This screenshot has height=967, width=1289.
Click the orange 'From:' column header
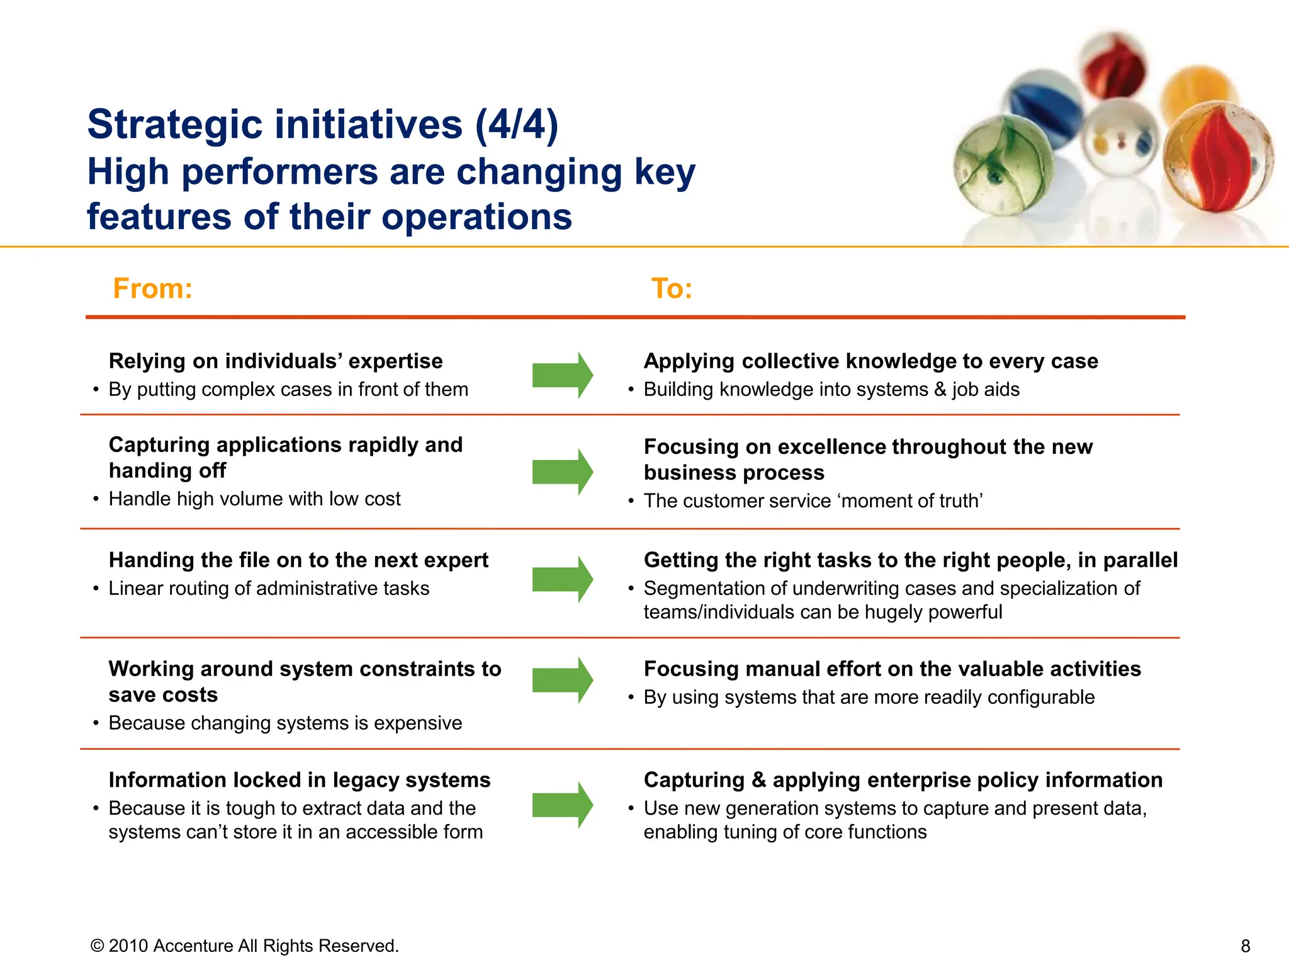pyautogui.click(x=152, y=289)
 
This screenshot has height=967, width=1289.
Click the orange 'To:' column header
pyautogui.click(x=672, y=289)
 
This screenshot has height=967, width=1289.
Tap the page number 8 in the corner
pyautogui.click(x=1245, y=946)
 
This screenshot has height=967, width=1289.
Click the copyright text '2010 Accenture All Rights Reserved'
pyautogui.click(x=252, y=946)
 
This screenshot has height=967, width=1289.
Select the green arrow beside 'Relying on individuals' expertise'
pyautogui.click(x=561, y=375)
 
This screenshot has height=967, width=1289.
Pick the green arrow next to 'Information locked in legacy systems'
pyautogui.click(x=561, y=805)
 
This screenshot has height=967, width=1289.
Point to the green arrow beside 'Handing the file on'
pyautogui.click(x=561, y=579)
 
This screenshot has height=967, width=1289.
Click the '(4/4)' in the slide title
pyautogui.click(x=516, y=124)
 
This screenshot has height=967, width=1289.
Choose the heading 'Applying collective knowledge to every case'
pyautogui.click(x=870, y=361)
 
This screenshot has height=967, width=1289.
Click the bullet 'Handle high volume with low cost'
pyautogui.click(x=254, y=499)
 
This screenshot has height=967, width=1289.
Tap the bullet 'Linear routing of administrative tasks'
pyautogui.click(x=269, y=589)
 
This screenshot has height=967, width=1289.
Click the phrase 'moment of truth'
pyautogui.click(x=909, y=501)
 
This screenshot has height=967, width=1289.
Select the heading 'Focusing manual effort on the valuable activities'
pyautogui.click(x=892, y=669)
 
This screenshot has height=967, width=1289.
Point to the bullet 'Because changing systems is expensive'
pyautogui.click(x=285, y=723)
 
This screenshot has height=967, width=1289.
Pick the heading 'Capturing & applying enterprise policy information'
pyautogui.click(x=903, y=780)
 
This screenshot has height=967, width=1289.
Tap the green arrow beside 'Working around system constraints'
pyautogui.click(x=561, y=680)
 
